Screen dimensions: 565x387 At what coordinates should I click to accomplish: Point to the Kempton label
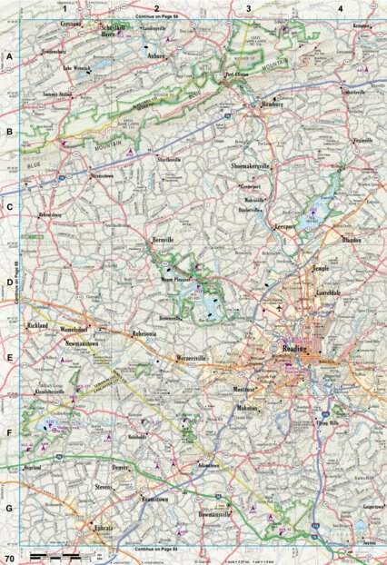point(362,27)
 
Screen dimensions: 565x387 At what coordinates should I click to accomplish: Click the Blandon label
point(351,240)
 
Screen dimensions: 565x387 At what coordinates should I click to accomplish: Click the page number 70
point(9,557)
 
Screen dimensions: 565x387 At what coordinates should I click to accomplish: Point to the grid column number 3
point(248,7)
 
